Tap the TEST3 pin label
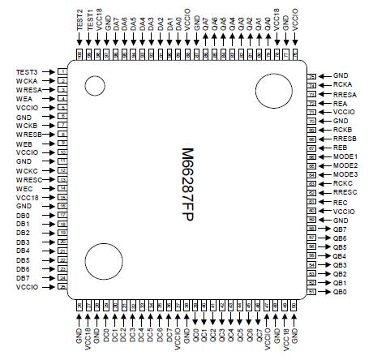click(27, 72)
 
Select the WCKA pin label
click(27, 81)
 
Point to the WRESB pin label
click(28, 135)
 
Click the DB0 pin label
click(23, 216)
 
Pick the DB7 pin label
click(23, 278)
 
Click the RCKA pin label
click(342, 84)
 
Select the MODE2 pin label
click(345, 165)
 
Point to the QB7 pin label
click(341, 229)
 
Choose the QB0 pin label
click(341, 291)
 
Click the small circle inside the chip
click(96, 86)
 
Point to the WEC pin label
click(24, 189)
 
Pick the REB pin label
click(341, 147)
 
